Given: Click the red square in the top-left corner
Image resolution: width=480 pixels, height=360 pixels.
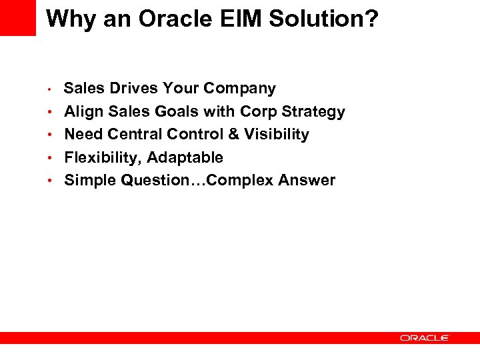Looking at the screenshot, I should click(x=18, y=18).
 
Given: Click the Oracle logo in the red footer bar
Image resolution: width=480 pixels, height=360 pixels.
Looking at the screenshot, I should click(x=425, y=338).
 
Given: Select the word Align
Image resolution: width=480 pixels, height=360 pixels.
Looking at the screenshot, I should click(x=83, y=111).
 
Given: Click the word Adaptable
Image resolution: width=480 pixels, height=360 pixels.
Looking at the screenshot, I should click(x=185, y=157).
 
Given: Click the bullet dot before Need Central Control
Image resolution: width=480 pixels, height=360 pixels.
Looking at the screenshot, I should click(x=51, y=135).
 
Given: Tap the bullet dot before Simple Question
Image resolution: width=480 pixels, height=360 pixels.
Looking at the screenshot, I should click(x=51, y=181).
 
